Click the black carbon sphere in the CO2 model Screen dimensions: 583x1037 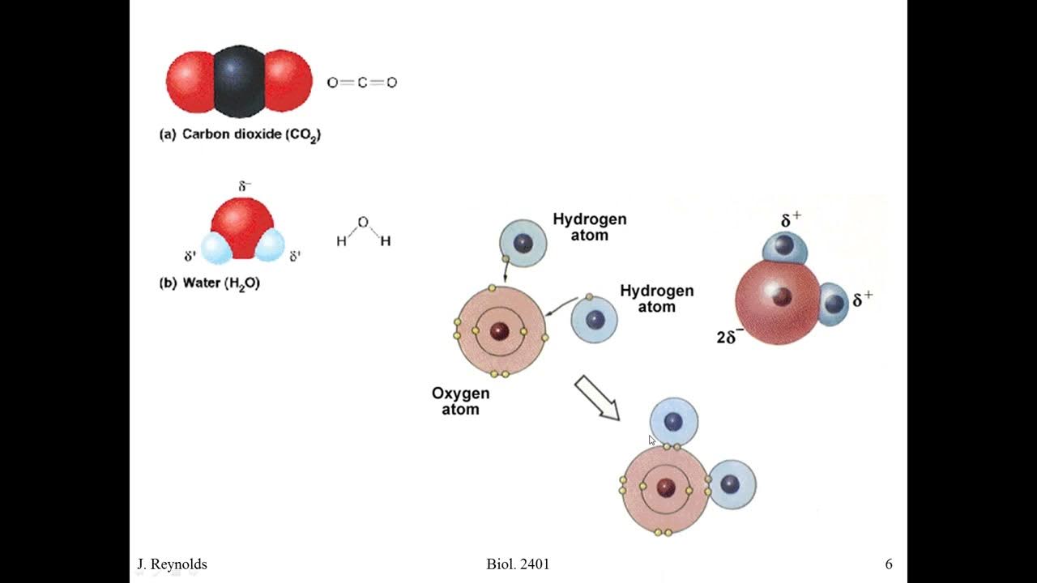coord(239,81)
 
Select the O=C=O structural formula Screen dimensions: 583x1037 coord(361,82)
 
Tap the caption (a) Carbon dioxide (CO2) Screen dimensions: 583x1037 coord(240,134)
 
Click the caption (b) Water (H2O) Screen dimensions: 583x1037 coord(210,283)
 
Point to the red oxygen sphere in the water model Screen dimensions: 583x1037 coord(241,225)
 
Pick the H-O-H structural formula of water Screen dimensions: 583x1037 coord(364,232)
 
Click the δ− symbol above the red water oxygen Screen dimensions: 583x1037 coord(245,187)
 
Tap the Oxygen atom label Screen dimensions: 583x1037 coord(460,401)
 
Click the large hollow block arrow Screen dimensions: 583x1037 coord(597,398)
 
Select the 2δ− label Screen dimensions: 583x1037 coord(730,337)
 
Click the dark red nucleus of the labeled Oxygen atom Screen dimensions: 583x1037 coord(500,330)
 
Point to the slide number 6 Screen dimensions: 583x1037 coord(889,564)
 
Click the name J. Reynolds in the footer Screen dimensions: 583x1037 coord(171,564)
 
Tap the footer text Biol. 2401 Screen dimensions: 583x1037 coord(518,564)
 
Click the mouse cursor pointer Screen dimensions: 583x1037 coord(652,440)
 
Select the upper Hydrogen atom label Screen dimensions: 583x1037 coord(589,227)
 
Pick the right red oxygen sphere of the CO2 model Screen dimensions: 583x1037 coord(288,81)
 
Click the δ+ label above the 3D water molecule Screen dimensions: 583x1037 coord(792,220)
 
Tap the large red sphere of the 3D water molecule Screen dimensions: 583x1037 coord(774,304)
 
